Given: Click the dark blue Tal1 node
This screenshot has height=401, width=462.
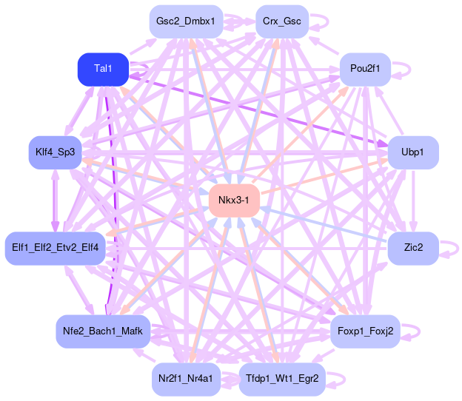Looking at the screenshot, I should point(103,69).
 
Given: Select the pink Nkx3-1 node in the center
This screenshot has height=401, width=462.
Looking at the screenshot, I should point(233,200).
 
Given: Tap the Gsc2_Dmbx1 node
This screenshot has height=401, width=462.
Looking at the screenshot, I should point(185,21).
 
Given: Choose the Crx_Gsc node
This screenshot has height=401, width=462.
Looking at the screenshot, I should point(281,21).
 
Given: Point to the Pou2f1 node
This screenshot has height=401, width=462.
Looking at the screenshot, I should point(365,69).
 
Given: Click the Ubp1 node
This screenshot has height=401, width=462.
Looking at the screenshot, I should point(413,152).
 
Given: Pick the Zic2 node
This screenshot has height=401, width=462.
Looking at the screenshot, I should point(413,247).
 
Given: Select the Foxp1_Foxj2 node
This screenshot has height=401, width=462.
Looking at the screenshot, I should point(365,331).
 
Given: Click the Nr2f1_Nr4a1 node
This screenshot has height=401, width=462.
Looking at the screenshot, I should point(186,378).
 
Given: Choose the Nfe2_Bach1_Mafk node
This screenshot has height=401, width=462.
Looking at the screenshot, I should point(103,331).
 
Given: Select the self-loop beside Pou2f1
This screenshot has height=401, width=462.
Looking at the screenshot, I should point(404,69).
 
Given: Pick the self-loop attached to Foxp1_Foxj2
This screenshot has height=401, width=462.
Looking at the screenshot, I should point(414,331).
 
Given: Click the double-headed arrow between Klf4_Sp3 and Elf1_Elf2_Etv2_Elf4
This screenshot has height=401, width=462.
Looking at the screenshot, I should point(55,200).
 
